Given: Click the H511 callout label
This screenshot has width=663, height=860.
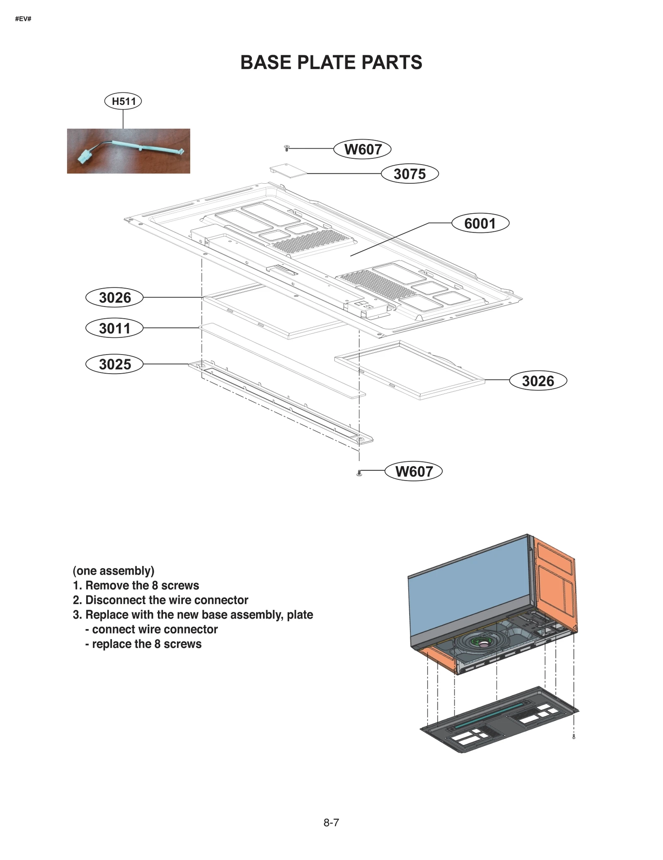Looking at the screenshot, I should click(x=123, y=101).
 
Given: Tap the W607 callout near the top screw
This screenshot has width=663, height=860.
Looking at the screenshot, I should click(x=363, y=149).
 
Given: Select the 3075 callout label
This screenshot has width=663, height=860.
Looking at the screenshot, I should click(x=410, y=174).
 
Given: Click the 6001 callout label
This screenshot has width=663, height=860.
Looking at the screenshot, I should click(x=480, y=224).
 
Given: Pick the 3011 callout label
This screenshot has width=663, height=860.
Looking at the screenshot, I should click(x=114, y=328).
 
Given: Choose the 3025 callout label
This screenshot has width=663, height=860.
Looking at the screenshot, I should click(x=114, y=364).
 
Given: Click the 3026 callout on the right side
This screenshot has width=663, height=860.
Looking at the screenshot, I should click(x=538, y=381).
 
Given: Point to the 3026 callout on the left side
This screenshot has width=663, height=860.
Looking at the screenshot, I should click(x=114, y=297).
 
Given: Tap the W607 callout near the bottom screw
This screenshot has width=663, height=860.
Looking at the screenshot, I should click(x=414, y=471).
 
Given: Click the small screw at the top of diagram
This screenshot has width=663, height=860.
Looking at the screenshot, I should click(x=286, y=148).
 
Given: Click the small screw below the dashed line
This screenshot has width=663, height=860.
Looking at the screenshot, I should click(x=359, y=473).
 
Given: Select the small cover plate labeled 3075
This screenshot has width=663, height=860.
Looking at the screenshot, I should click(x=288, y=171).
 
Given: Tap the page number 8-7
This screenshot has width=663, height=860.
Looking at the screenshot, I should click(x=331, y=823).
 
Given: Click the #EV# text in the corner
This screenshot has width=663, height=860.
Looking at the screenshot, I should click(x=23, y=19).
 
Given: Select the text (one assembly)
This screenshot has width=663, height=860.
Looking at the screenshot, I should click(x=114, y=571).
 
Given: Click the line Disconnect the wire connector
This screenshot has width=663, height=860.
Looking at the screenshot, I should click(x=167, y=600).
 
